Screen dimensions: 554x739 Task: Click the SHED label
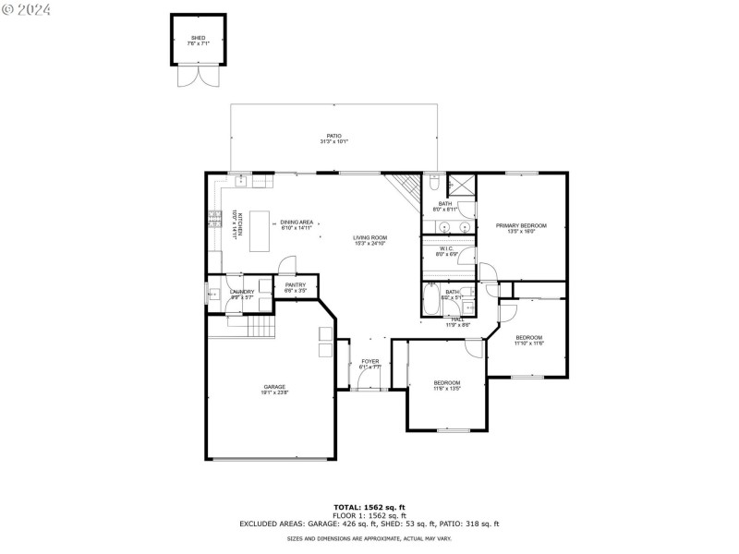point(198,38)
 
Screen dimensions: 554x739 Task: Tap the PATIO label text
point(333,136)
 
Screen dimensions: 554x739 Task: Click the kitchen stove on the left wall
point(213,220)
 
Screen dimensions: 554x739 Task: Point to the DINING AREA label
point(297,222)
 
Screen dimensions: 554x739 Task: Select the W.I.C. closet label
point(445,248)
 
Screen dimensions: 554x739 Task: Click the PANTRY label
point(296,285)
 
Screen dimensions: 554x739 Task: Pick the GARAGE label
point(274,387)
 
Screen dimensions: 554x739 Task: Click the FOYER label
point(369,361)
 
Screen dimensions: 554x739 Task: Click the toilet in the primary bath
point(434,183)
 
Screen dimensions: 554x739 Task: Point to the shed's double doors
point(198,77)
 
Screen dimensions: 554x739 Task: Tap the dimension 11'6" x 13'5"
point(447,389)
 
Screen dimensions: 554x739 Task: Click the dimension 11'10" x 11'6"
point(528,343)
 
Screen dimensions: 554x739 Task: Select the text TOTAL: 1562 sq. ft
point(369,507)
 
